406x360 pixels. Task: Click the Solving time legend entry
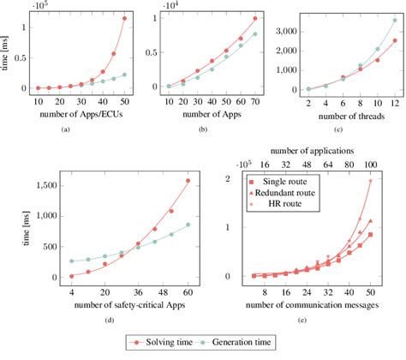(x=145, y=344)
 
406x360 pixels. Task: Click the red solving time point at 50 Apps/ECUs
(x=124, y=18)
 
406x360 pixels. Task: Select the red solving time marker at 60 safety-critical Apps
(x=188, y=180)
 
